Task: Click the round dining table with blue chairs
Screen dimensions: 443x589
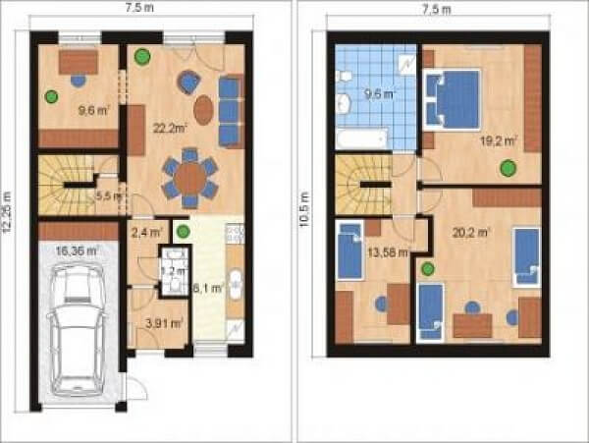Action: point(191,177)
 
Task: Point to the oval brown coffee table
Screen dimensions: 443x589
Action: point(203,110)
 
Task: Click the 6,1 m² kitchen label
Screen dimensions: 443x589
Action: point(207,288)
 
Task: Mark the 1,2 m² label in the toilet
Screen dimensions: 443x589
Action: point(173,270)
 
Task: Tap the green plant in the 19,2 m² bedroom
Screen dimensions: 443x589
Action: point(508,168)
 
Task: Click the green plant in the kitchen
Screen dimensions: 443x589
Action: point(184,232)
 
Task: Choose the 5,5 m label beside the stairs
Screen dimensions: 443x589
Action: point(107,195)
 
